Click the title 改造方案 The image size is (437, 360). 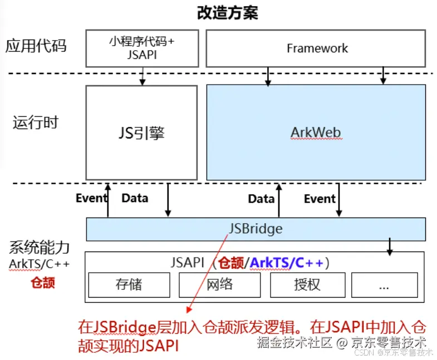tap(227, 12)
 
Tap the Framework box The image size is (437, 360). tap(316, 48)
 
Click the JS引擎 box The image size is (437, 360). tap(141, 132)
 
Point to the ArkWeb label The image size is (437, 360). tap(316, 132)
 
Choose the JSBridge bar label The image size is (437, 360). tap(256, 229)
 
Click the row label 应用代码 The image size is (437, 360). tap(36, 46)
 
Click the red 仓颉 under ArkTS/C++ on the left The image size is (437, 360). tap(42, 282)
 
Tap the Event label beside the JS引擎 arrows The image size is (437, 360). tap(92, 198)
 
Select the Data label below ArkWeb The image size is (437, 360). tap(261, 199)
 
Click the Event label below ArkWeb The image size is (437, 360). tap(320, 199)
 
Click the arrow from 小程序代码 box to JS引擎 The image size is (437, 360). tap(143, 76)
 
